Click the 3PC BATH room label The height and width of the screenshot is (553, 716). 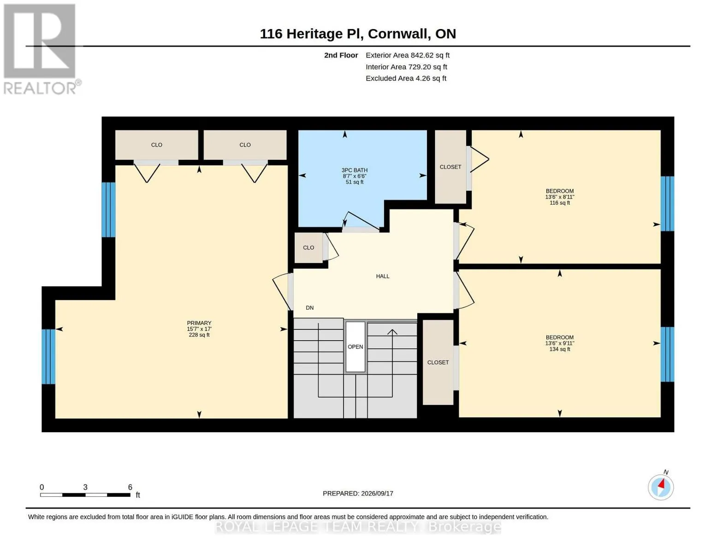(354, 176)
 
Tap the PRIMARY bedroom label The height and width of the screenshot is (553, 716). (199, 329)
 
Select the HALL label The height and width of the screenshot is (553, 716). (383, 276)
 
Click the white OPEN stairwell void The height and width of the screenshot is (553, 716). (355, 347)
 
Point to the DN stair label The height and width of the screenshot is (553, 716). (309, 308)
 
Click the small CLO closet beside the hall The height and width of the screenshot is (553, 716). (308, 247)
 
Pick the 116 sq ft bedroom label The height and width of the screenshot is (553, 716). (560, 197)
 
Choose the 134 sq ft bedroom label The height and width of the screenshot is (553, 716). (560, 343)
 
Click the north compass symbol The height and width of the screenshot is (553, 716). (660, 487)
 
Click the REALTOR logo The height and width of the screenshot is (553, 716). (41, 49)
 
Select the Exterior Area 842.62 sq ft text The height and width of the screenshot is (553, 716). (408, 55)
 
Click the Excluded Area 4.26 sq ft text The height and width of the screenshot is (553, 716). (406, 78)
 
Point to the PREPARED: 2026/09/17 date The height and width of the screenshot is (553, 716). (358, 494)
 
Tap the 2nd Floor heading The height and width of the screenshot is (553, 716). (341, 55)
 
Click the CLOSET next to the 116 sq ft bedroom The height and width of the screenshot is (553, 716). (450, 167)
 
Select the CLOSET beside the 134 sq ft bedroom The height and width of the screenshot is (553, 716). (438, 362)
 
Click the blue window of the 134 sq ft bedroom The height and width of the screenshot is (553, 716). (667, 354)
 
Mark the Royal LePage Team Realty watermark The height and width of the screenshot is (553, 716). (358, 527)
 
